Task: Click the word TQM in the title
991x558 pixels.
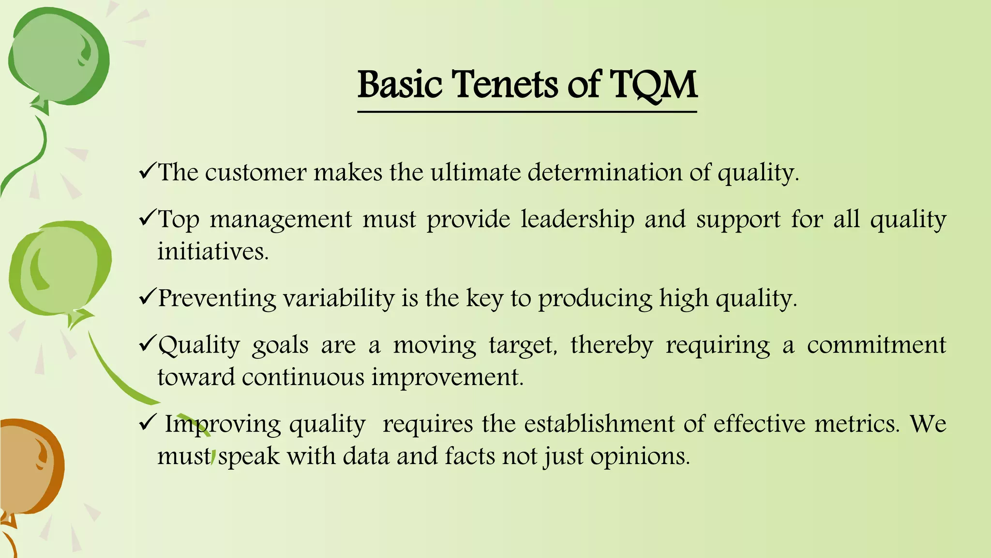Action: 653,85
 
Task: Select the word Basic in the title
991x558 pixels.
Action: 400,84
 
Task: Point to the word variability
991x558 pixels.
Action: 339,298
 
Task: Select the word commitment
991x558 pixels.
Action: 876,345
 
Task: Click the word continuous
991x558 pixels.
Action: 303,377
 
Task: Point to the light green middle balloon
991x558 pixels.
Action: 60,271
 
